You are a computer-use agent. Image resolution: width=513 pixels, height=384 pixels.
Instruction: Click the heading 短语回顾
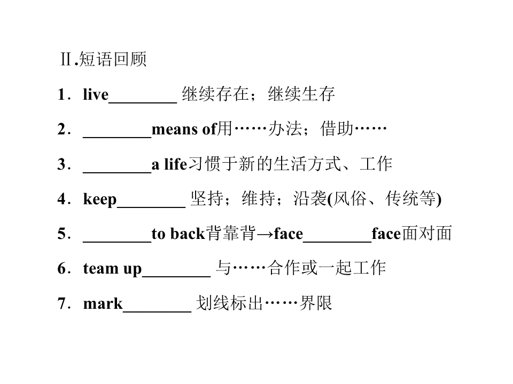coord(113,59)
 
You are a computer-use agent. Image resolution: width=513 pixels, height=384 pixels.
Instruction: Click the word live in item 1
coord(96,94)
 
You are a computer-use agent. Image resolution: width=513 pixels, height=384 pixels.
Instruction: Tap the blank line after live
coord(143,102)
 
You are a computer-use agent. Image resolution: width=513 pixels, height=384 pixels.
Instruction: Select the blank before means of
coord(117,138)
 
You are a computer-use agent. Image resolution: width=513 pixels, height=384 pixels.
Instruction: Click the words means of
coord(184,129)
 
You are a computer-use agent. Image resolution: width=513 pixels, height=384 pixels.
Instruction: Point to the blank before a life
coord(117,172)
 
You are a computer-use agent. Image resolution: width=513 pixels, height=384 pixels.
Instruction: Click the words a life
coord(169,164)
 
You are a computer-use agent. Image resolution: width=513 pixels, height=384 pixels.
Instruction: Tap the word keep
coord(100,199)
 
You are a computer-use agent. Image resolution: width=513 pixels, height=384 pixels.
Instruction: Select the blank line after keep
coord(151,207)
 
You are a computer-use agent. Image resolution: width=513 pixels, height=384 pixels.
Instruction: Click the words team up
coord(112,269)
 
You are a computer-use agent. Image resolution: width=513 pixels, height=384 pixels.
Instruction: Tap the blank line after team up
coord(176,277)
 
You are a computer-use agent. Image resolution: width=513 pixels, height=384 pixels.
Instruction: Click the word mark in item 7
coord(103,303)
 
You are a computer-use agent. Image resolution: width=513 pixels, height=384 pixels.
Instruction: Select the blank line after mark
coord(157,311)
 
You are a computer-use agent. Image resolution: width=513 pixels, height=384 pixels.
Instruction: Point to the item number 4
coord(62,199)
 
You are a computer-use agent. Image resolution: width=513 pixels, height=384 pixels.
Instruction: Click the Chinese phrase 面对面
coord(426,234)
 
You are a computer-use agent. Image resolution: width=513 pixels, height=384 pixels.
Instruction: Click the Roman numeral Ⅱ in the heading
coord(66,59)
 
